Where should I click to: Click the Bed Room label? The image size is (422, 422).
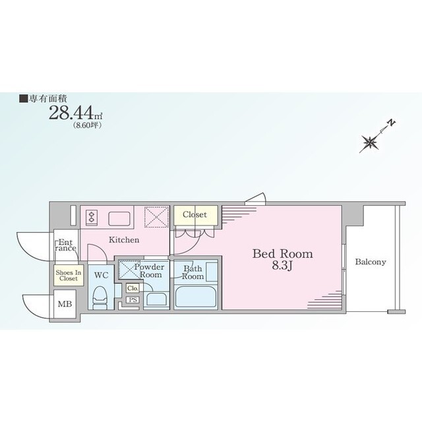click(x=283, y=254)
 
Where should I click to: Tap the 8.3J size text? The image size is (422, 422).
click(x=282, y=266)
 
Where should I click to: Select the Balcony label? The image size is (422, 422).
click(x=371, y=262)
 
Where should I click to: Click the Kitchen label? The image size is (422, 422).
click(x=124, y=240)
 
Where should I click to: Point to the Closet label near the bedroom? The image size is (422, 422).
click(x=195, y=214)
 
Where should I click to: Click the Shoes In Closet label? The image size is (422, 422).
click(x=69, y=276)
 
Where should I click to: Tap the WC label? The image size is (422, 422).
click(x=101, y=275)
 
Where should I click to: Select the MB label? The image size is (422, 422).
click(x=65, y=304)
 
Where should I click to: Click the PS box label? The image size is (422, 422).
click(x=133, y=299)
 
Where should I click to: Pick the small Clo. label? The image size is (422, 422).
click(x=133, y=288)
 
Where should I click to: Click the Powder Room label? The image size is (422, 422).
click(x=150, y=271)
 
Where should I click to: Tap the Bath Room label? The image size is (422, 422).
click(x=193, y=272)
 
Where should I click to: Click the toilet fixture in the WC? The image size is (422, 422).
click(x=100, y=298)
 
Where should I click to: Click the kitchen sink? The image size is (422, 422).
click(x=119, y=218)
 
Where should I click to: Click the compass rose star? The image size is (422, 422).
click(x=370, y=142)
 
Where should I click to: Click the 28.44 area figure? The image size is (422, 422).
click(x=71, y=113)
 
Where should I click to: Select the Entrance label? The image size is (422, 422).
click(x=66, y=245)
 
